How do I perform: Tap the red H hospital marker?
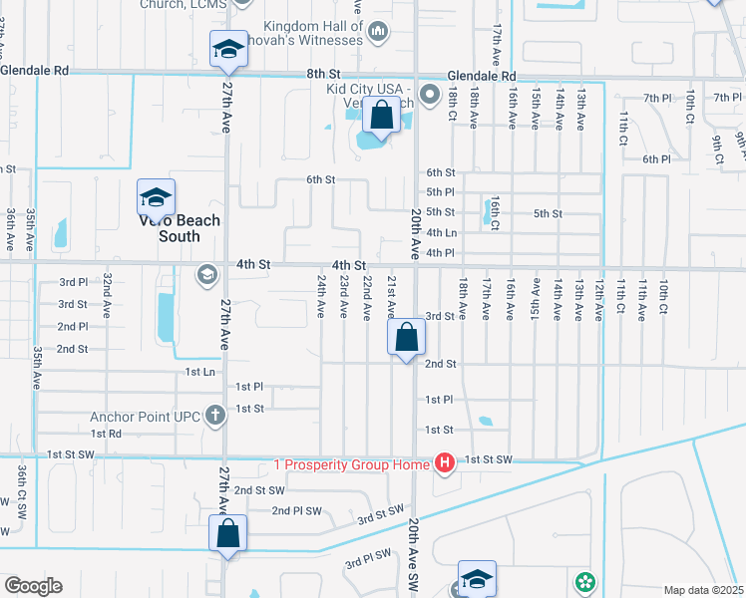coord(444,462)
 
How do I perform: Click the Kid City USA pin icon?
coord(430,97)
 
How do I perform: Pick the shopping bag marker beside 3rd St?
coord(406,338)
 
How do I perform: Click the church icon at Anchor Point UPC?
coord(214,416)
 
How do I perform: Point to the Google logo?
coord(33,586)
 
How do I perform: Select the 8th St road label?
coord(323,74)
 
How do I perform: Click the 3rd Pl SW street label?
coord(368,560)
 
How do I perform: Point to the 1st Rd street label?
coord(105,434)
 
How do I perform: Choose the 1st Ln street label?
coord(199,371)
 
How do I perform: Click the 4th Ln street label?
coord(441,232)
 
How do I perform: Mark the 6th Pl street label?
coord(656,158)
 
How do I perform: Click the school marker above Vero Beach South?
coord(157,197)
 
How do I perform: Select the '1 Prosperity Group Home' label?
coord(351,465)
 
